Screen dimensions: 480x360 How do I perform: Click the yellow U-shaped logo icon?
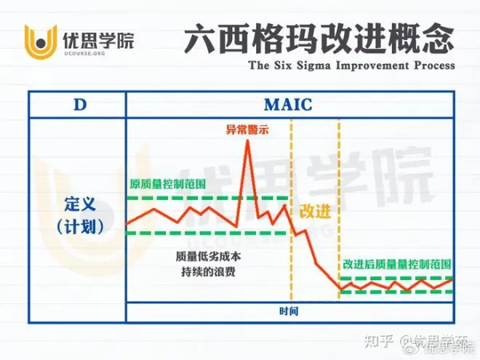41,43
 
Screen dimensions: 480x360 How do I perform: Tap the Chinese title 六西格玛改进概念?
319,38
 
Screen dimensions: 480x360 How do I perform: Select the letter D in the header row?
80,105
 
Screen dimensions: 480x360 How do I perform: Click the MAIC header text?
288,105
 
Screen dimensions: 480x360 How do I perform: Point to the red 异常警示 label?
247,129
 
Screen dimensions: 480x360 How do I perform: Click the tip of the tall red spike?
248,141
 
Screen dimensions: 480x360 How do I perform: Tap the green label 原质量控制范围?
167,184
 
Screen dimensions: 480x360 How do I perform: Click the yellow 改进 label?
315,211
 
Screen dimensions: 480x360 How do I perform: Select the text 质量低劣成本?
208,257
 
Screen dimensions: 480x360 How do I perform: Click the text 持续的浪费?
208,271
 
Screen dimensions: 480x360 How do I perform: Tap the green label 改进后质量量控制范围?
397,265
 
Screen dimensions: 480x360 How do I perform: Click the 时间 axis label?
289,311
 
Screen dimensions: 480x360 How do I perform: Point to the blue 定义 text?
80,204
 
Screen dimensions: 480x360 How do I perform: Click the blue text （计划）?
80,228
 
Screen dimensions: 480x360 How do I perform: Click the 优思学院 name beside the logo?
99,41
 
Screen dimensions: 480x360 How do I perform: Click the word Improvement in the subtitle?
372,65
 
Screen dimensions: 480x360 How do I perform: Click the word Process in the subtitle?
434,65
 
